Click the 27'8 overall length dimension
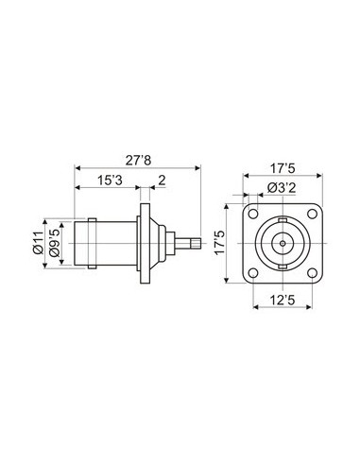[x=139, y=161]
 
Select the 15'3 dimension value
[x=110, y=181]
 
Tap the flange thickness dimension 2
[x=162, y=181]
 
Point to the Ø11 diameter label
[x=38, y=243]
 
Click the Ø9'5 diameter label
[x=55, y=243]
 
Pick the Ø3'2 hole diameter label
[x=282, y=188]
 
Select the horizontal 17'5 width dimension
[x=283, y=169]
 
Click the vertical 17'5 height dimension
[x=220, y=243]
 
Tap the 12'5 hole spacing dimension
[x=283, y=301]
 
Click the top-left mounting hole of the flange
[x=253, y=214]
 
